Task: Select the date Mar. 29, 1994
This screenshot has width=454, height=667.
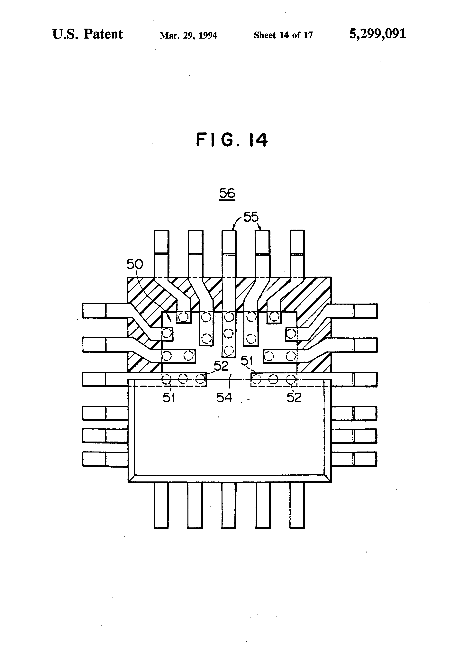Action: tap(188, 35)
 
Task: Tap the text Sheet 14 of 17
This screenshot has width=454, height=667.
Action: tap(283, 35)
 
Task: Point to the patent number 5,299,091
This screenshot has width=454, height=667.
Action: tap(377, 34)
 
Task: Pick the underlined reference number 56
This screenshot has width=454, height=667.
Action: tap(227, 193)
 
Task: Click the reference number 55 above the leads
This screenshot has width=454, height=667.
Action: tap(251, 217)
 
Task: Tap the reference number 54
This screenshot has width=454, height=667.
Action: tap(224, 398)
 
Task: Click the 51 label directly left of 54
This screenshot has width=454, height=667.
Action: tap(169, 398)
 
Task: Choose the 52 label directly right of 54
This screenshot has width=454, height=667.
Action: tap(294, 398)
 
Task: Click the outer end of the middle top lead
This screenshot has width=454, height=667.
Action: tap(229, 231)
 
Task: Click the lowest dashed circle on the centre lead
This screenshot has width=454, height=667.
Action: tap(229, 351)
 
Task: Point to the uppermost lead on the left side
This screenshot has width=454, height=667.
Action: tap(105, 311)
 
